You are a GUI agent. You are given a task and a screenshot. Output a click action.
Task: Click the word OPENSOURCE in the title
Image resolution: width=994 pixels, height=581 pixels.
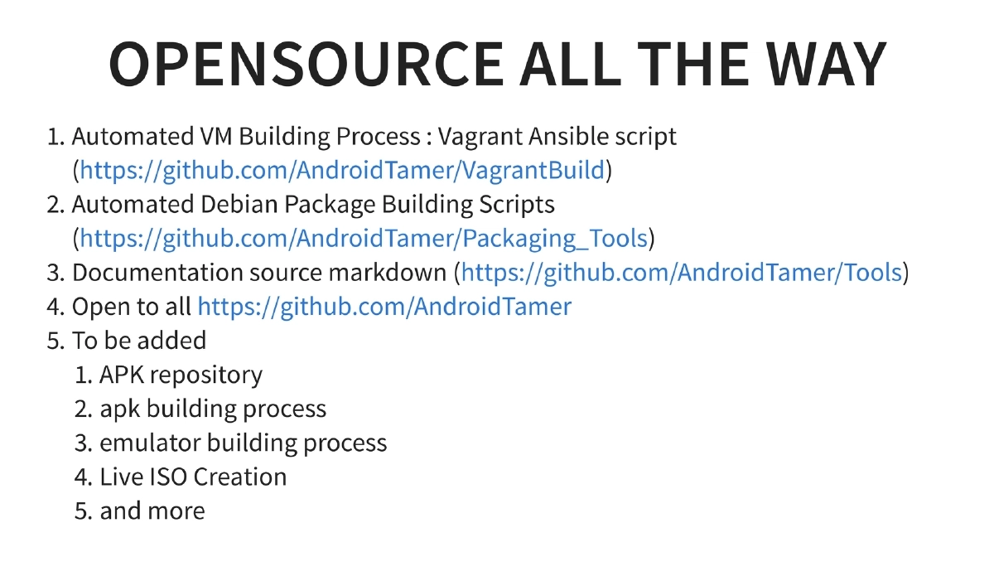[305, 64]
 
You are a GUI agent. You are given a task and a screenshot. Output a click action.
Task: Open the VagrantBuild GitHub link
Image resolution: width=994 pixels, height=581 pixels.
[342, 171]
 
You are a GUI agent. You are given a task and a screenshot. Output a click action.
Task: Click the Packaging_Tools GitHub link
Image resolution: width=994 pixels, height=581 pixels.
[363, 239]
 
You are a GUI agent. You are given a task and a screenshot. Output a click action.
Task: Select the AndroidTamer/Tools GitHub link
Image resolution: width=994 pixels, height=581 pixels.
[681, 273]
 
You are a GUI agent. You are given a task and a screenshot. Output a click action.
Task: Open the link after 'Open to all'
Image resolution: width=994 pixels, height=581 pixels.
[384, 307]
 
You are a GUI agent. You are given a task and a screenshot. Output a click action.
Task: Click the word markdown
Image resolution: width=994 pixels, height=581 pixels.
[389, 273]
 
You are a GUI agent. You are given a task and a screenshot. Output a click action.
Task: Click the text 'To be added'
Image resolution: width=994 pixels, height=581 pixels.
[139, 341]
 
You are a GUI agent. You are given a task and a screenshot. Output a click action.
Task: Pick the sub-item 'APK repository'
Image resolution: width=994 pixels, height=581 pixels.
[181, 375]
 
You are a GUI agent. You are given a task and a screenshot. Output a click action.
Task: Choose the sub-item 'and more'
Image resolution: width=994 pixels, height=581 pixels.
[152, 511]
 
